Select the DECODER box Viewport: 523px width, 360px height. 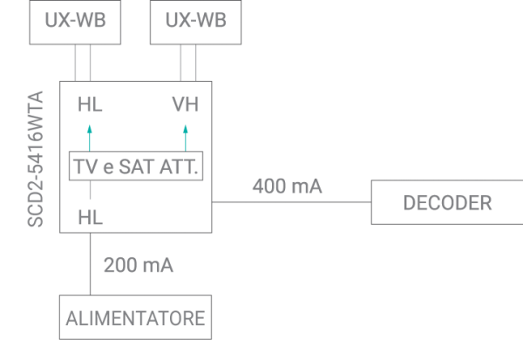click(x=446, y=203)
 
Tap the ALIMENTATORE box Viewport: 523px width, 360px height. click(x=135, y=317)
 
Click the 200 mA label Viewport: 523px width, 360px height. click(x=139, y=265)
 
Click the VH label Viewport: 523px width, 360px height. click(x=185, y=105)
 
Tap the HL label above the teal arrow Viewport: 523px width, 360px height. click(x=90, y=105)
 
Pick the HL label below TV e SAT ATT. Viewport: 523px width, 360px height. click(x=90, y=216)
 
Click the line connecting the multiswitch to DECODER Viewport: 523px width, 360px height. click(x=292, y=203)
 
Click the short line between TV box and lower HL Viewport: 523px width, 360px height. click(x=90, y=191)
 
